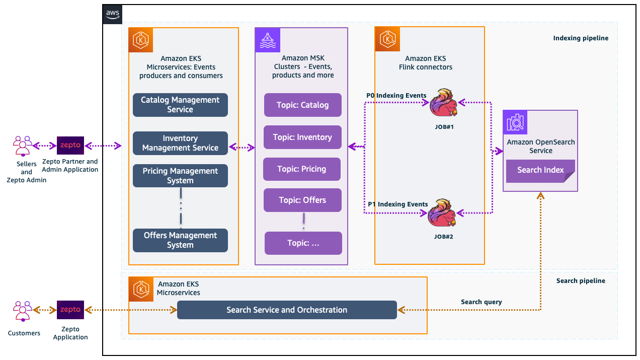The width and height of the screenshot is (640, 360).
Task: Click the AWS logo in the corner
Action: click(x=113, y=14)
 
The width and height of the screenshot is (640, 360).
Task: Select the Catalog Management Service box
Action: click(x=180, y=105)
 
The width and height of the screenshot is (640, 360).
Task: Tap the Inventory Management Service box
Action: click(x=180, y=143)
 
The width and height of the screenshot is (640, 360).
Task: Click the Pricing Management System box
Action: click(x=180, y=176)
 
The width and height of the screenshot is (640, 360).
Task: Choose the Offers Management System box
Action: click(x=180, y=240)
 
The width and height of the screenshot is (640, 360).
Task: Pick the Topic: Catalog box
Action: click(x=302, y=105)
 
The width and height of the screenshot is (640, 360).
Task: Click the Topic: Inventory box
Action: click(x=302, y=137)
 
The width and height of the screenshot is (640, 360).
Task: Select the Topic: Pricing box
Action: click(x=302, y=169)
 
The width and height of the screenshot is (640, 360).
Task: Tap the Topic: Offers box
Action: click(x=302, y=200)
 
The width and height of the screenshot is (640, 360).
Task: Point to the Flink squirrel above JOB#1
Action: click(x=444, y=102)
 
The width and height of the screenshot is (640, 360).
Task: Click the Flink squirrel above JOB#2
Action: click(x=442, y=213)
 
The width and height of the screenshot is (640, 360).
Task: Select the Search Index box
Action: click(x=540, y=171)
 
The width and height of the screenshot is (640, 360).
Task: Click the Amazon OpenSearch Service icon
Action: click(x=515, y=122)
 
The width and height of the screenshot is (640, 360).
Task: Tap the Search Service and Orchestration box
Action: click(x=287, y=310)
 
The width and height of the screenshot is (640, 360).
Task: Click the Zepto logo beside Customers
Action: click(x=70, y=310)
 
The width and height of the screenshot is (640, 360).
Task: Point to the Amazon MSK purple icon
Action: click(x=268, y=40)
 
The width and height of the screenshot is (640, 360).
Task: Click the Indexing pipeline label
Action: click(x=581, y=38)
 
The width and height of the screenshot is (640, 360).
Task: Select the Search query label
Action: click(x=481, y=302)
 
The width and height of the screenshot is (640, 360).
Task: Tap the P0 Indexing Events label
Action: click(x=396, y=96)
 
